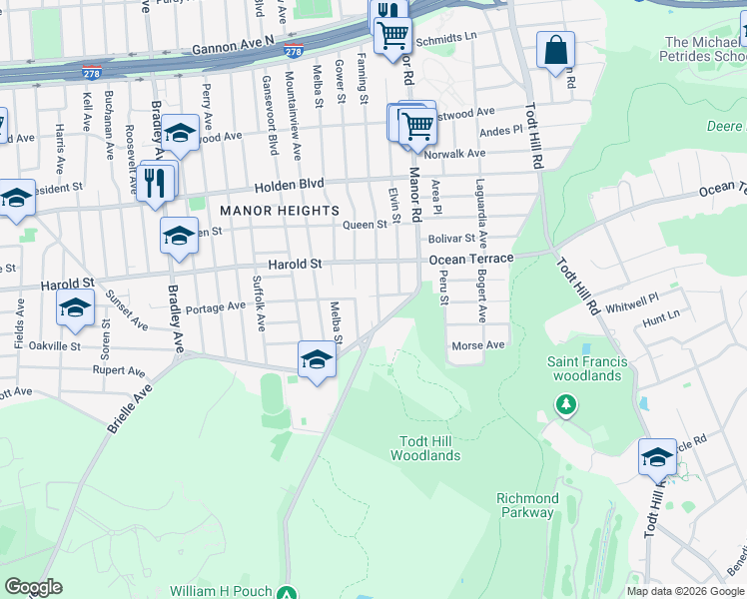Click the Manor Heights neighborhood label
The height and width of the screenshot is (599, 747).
[x=280, y=211]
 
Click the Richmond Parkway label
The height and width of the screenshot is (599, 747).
[x=527, y=505]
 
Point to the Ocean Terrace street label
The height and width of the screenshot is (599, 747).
[x=471, y=259]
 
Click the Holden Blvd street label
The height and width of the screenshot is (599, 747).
[x=287, y=184]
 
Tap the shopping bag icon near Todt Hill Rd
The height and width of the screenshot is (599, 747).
[x=554, y=49]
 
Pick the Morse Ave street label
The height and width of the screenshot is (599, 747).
[x=479, y=345]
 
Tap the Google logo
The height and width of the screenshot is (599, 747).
[x=33, y=587]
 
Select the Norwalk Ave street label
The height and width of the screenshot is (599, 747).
[x=454, y=153]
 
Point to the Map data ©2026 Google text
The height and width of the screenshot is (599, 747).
[x=685, y=590]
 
